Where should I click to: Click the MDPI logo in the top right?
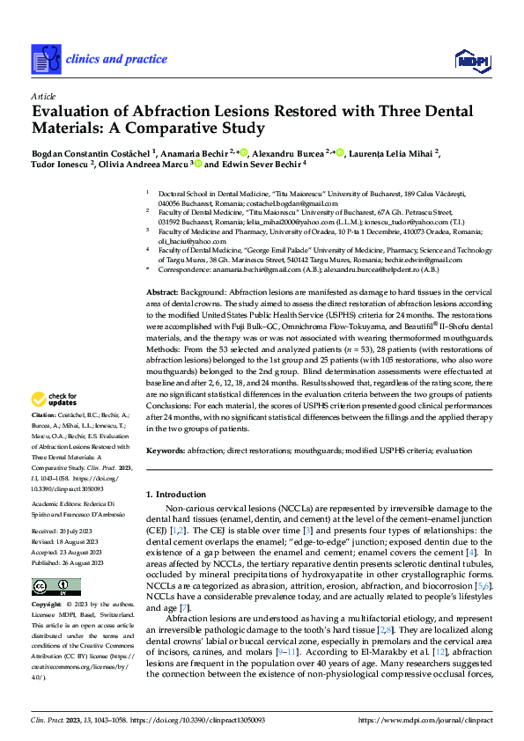tap(471, 59)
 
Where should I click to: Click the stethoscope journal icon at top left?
tap(46, 59)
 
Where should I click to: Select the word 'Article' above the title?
tap(43, 97)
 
